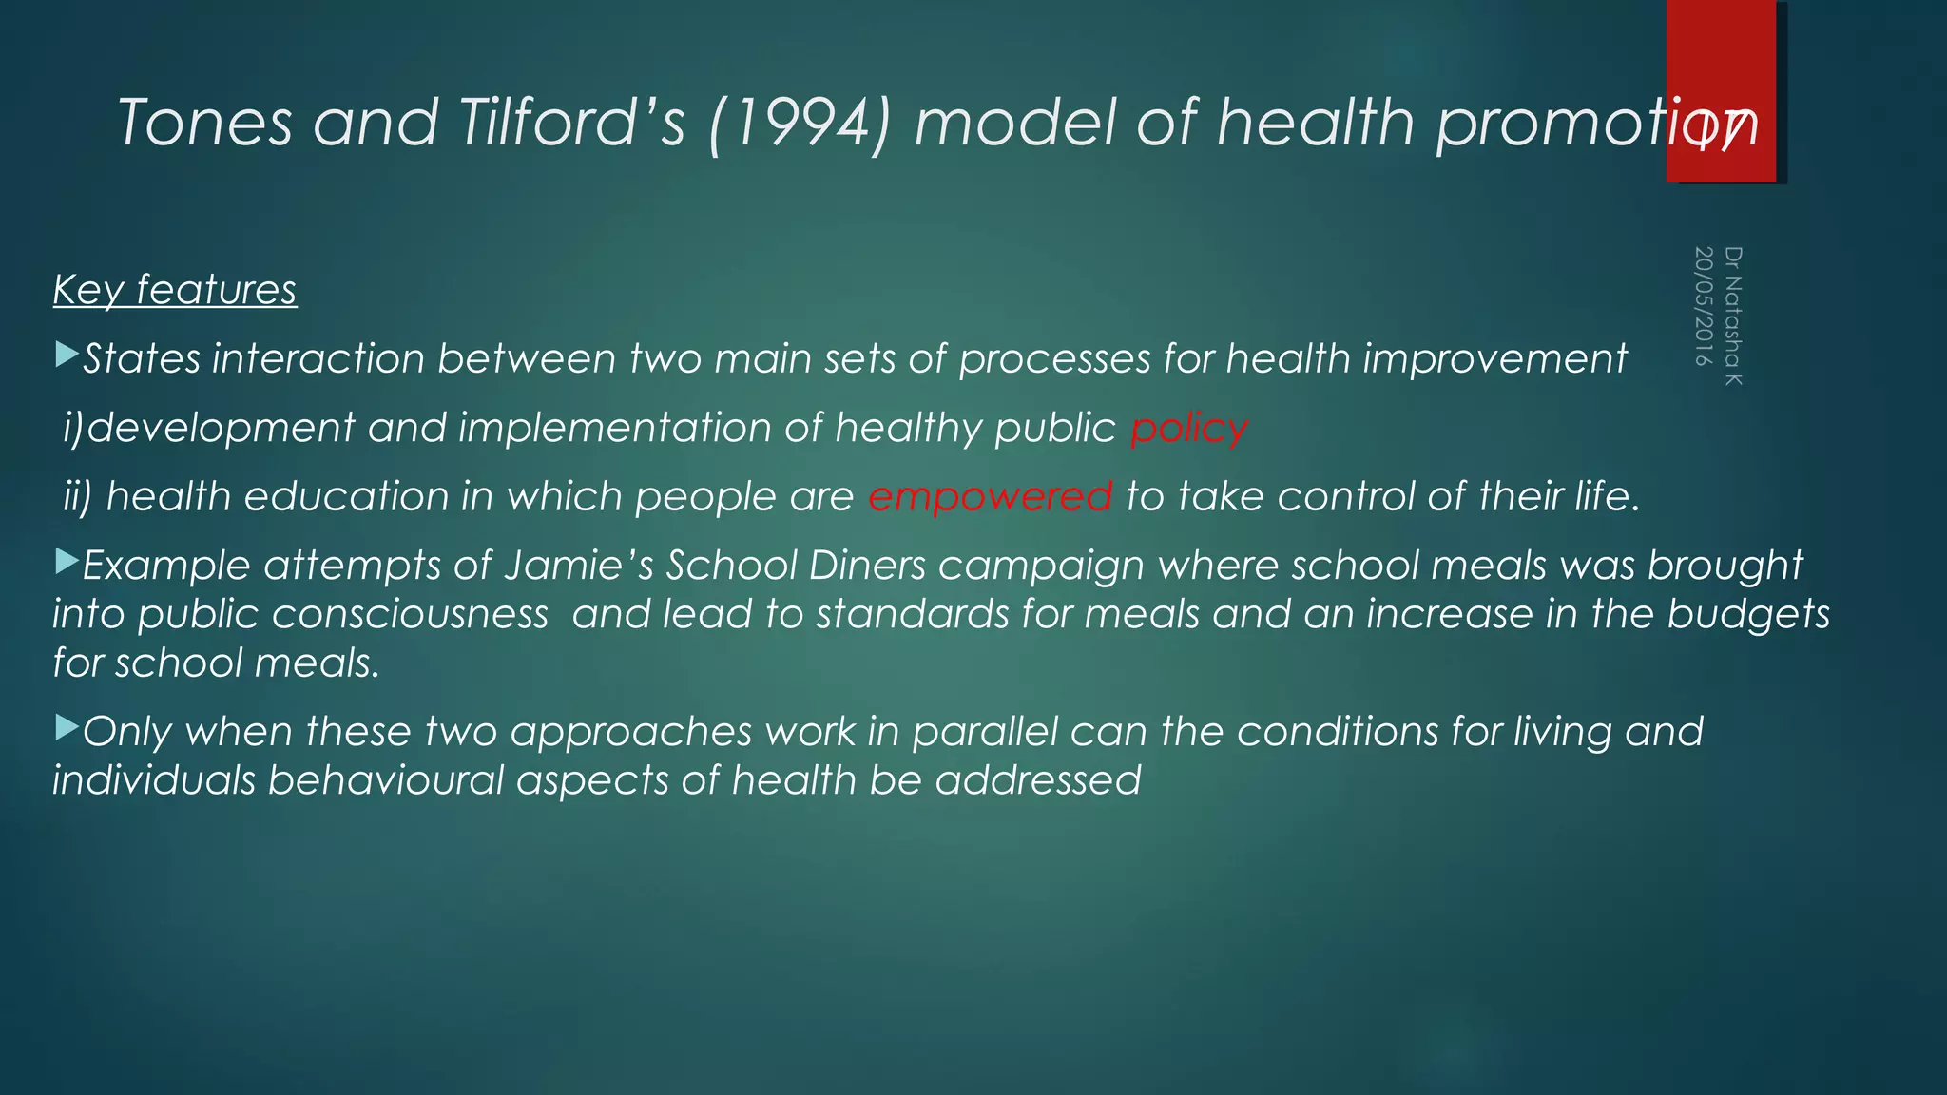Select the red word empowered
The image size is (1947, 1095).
pyautogui.click(x=990, y=497)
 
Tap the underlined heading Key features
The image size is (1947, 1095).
pyautogui.click(x=175, y=290)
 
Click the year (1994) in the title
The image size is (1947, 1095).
pyautogui.click(x=800, y=125)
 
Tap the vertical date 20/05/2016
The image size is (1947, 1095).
pyautogui.click(x=1704, y=307)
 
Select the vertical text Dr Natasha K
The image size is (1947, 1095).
pyautogui.click(x=1733, y=316)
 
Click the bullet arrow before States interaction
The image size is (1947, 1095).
pyautogui.click(x=67, y=356)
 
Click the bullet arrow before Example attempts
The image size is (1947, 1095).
pyautogui.click(x=67, y=562)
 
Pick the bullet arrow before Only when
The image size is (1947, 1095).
pyautogui.click(x=67, y=729)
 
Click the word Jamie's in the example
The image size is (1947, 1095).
pyautogui.click(x=579, y=566)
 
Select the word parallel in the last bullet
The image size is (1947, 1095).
pyautogui.click(x=985, y=732)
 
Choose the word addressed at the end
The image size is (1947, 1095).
pyautogui.click(x=1037, y=780)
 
